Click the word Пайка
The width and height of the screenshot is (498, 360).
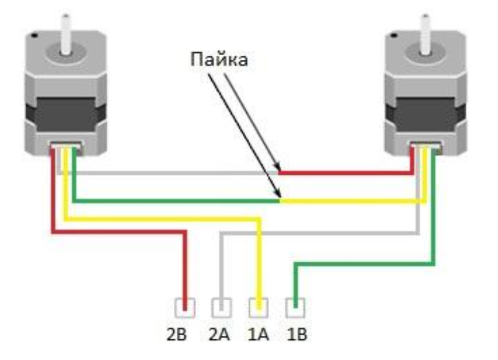[x=219, y=59]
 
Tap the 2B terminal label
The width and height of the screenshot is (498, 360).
[x=177, y=334]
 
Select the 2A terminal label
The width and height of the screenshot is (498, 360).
[x=219, y=334]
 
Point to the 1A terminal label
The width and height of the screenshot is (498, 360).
[x=258, y=334]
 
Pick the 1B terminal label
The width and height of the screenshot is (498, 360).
[x=297, y=334]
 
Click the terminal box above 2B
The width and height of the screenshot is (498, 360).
[x=185, y=308]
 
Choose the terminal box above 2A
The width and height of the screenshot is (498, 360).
[x=221, y=308]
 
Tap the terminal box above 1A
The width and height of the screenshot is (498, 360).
[x=258, y=308]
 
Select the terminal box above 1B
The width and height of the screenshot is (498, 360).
[x=295, y=308]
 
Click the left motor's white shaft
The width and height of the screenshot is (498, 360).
[x=66, y=34]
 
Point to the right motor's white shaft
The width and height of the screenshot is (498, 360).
[x=425, y=34]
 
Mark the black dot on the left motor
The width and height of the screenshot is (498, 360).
[x=35, y=36]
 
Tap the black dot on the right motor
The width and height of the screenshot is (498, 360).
[x=394, y=35]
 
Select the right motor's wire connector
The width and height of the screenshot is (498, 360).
[x=426, y=147]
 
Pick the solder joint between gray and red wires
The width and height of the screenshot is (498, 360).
[x=279, y=173]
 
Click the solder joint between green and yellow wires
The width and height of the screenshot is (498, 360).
[x=280, y=201]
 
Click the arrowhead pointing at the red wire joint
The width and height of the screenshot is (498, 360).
[x=277, y=167]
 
